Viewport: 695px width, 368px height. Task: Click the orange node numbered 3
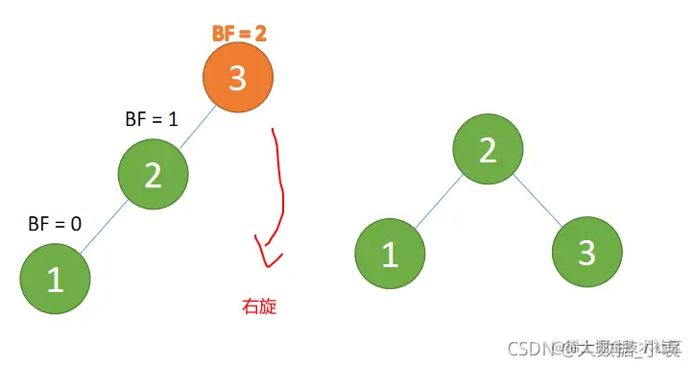click(x=238, y=79)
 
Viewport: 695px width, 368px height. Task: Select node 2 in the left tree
click(x=154, y=174)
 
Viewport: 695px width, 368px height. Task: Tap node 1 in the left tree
click(x=56, y=279)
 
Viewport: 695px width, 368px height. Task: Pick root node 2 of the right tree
click(x=489, y=149)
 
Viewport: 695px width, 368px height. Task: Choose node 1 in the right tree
click(x=390, y=255)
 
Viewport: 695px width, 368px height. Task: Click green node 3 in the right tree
click(x=587, y=255)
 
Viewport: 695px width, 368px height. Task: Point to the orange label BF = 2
click(x=239, y=33)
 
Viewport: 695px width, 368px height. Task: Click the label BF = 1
click(x=152, y=120)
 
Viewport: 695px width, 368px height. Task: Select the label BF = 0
click(x=55, y=224)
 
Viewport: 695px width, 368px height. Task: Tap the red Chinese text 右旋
click(x=260, y=307)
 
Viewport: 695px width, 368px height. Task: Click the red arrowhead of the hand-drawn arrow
click(x=267, y=256)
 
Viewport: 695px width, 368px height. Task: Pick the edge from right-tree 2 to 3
click(x=538, y=202)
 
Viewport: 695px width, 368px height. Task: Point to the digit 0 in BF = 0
click(x=75, y=224)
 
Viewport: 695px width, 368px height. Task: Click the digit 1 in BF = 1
click(x=173, y=120)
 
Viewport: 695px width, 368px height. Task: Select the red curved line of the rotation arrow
click(x=281, y=183)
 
